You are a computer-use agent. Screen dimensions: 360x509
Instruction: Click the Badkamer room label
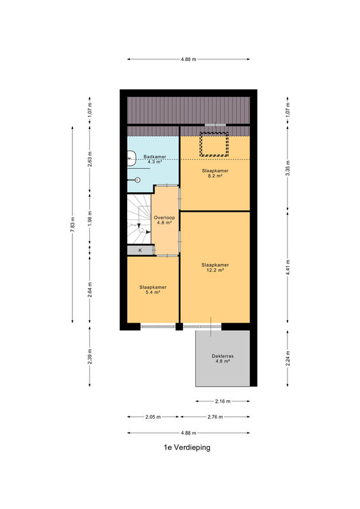point(155,159)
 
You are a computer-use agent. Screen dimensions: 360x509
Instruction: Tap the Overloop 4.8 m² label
point(164,220)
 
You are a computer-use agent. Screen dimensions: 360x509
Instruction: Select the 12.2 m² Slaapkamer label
point(215,267)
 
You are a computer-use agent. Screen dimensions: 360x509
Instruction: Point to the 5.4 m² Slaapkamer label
point(153,289)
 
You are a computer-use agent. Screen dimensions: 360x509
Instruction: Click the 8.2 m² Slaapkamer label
point(215,173)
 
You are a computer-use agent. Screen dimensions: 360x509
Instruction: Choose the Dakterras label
point(223,358)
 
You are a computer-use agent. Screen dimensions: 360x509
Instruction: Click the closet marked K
point(140,250)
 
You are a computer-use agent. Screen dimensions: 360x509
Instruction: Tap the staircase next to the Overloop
point(139,219)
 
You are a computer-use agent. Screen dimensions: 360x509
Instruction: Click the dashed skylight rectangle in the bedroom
point(214,144)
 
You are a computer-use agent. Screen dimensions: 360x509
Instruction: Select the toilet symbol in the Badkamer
point(137,180)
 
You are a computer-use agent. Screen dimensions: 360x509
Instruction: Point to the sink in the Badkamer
point(131,158)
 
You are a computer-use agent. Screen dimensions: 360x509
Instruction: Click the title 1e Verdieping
point(187,447)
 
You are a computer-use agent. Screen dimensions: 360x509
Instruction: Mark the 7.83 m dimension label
point(73,225)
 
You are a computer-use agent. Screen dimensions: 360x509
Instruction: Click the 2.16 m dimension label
point(223,401)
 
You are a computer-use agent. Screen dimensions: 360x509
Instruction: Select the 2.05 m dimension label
point(153,417)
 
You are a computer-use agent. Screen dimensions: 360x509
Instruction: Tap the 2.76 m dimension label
point(215,417)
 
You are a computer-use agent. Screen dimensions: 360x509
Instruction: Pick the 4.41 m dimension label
point(287,267)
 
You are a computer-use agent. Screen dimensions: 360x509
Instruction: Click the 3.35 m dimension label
point(287,168)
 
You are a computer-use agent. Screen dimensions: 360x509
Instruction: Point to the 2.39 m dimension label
point(90,356)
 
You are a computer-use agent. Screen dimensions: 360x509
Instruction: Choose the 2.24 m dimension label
point(287,358)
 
